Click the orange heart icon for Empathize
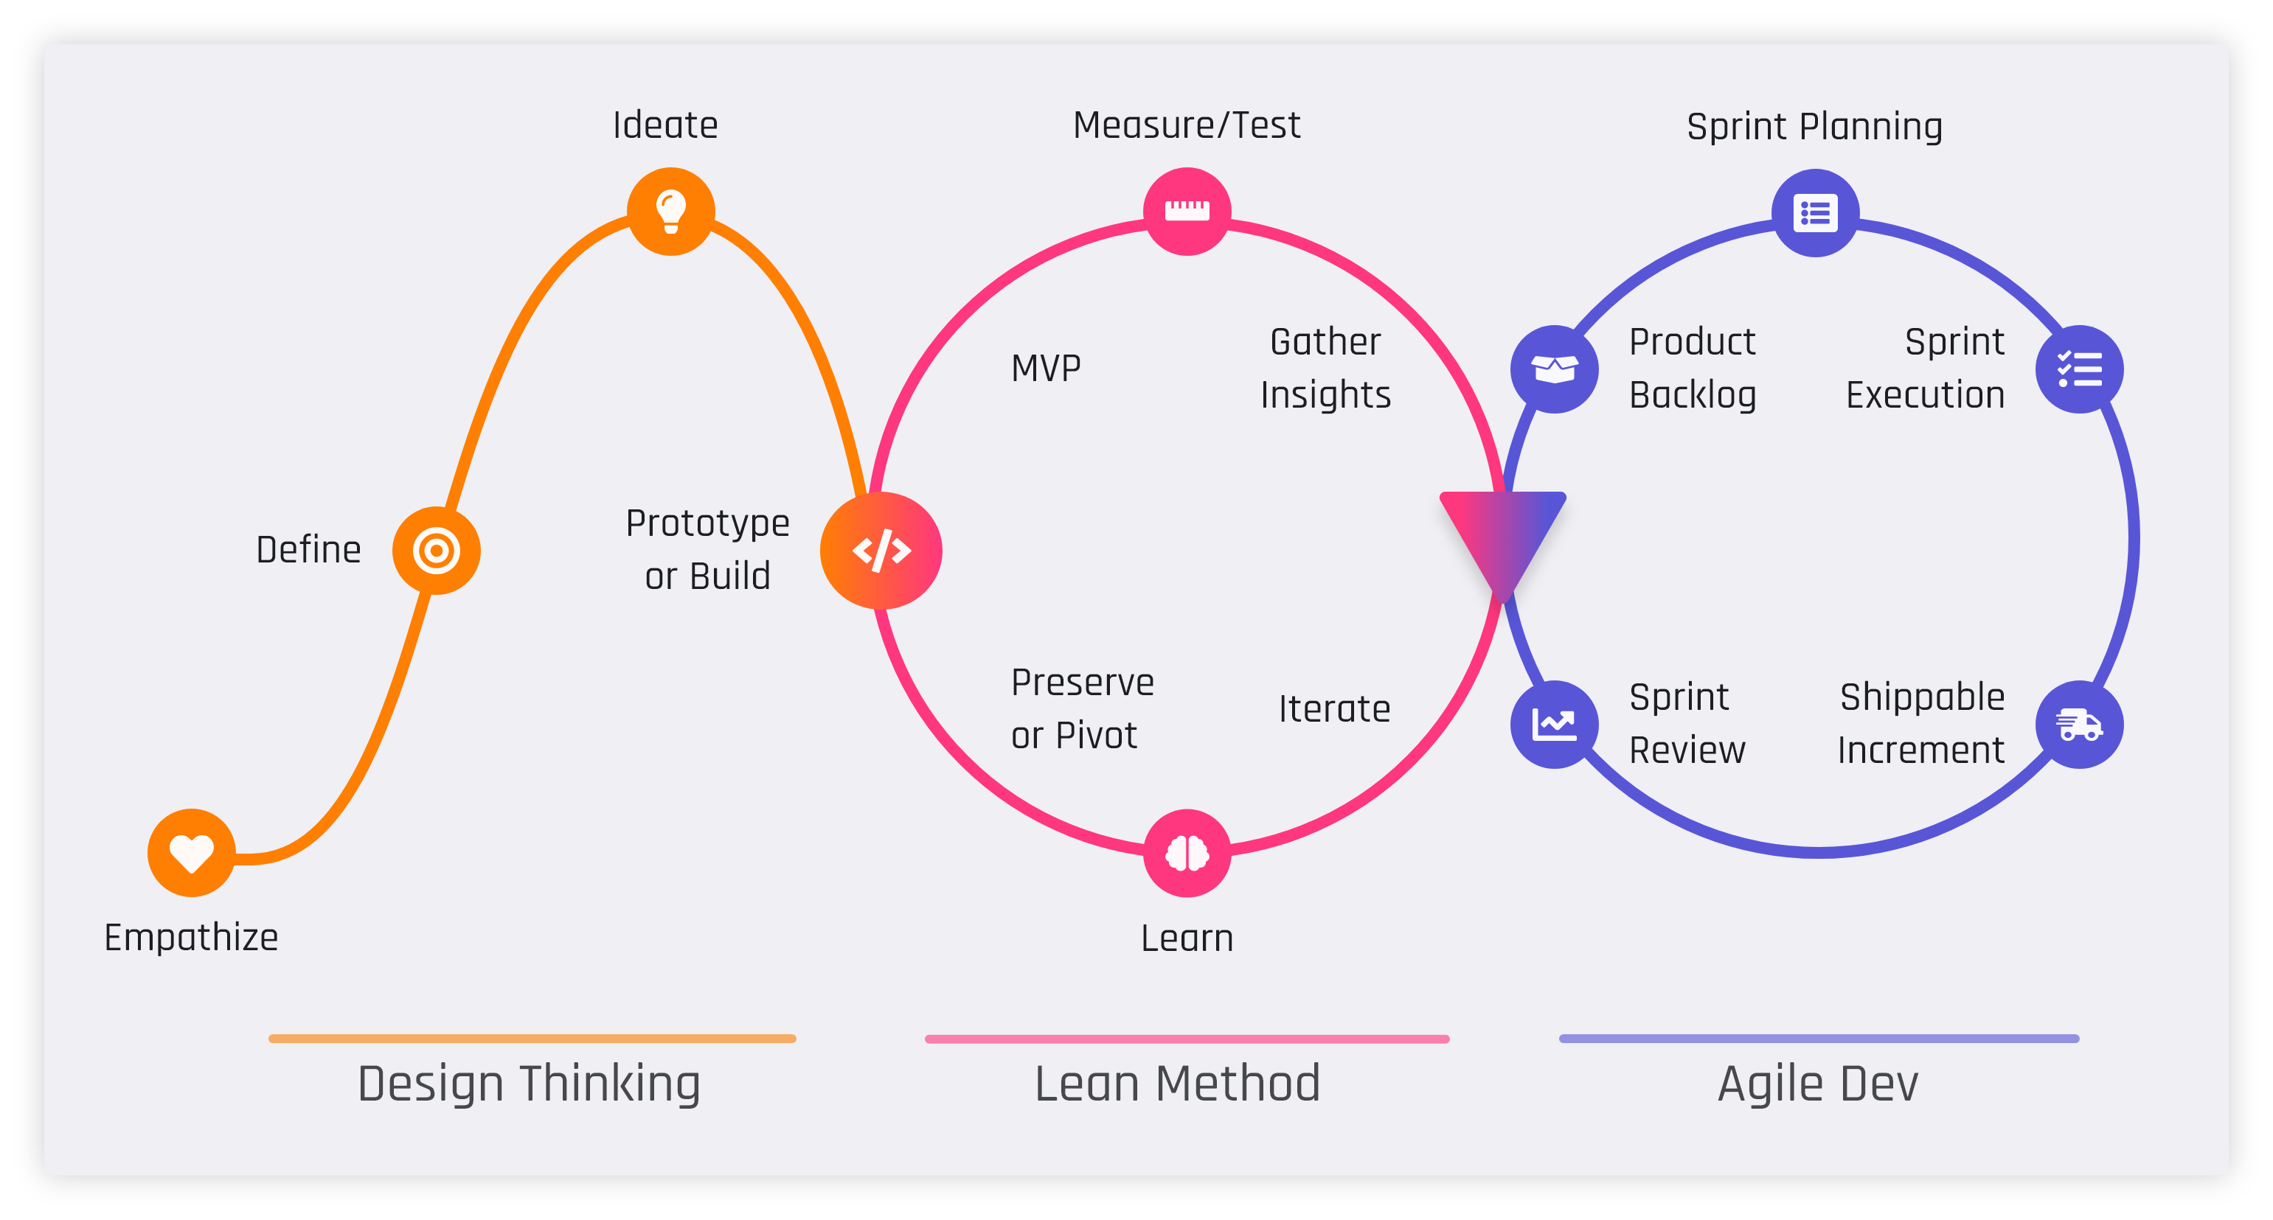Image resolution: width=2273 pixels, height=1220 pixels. (x=192, y=853)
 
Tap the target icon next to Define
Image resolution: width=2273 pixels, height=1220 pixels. (x=436, y=551)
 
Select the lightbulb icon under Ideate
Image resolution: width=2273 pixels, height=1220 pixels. (x=670, y=211)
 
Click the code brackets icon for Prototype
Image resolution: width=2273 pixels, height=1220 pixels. (x=881, y=551)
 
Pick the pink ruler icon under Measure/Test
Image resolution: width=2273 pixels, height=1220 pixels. (x=1187, y=211)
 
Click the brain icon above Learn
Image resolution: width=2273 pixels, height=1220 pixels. (x=1187, y=853)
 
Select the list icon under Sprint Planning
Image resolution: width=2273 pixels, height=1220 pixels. (x=1815, y=212)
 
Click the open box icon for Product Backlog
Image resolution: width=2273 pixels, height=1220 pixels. (x=1554, y=369)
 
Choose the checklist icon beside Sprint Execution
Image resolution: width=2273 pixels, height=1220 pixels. (x=2079, y=369)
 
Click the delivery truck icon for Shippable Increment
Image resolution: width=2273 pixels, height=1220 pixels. (x=2079, y=724)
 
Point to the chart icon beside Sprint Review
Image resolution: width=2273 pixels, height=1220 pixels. (x=1554, y=724)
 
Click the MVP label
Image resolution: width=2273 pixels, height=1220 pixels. (x=1046, y=368)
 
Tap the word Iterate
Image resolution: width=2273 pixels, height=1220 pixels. (x=1334, y=708)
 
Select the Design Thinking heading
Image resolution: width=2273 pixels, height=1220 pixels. (x=529, y=1084)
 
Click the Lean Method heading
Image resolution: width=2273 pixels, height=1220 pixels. (x=1177, y=1084)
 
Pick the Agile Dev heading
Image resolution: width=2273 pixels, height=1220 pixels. (x=1818, y=1084)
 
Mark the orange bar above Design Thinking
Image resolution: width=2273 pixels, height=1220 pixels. (x=532, y=1038)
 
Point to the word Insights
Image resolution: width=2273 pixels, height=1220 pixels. (x=1325, y=394)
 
